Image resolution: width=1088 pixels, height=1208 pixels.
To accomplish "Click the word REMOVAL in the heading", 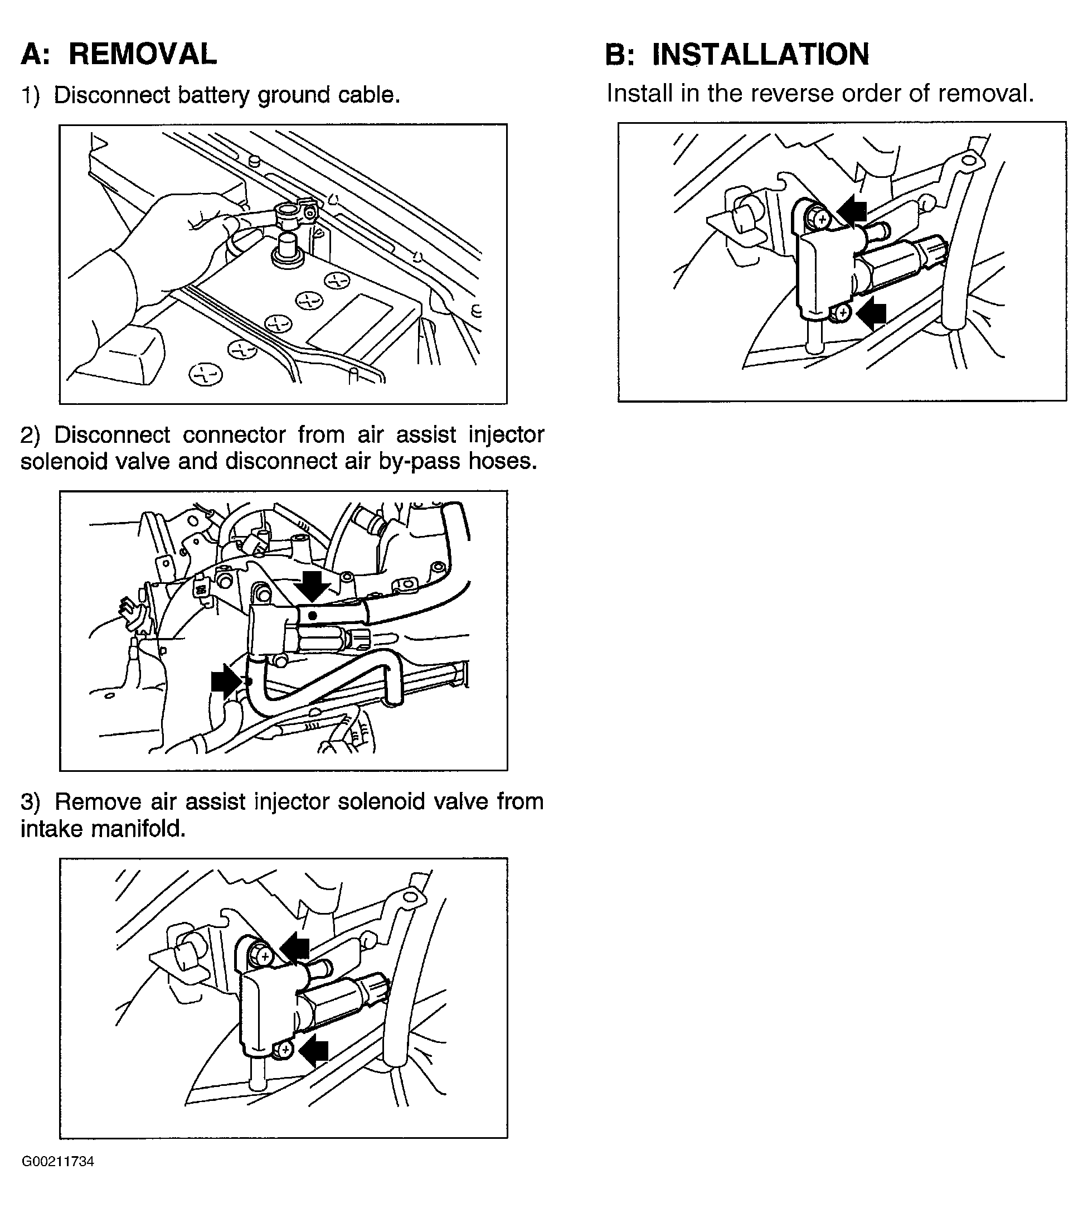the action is (x=142, y=55).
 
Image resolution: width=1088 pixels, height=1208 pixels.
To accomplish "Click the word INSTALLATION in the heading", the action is (x=760, y=55).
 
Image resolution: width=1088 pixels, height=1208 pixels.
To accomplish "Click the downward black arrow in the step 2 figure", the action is (x=312, y=586).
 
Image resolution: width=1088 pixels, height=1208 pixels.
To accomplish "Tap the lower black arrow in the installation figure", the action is (x=871, y=313).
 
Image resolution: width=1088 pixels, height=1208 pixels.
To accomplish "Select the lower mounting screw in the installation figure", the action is (x=842, y=312).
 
